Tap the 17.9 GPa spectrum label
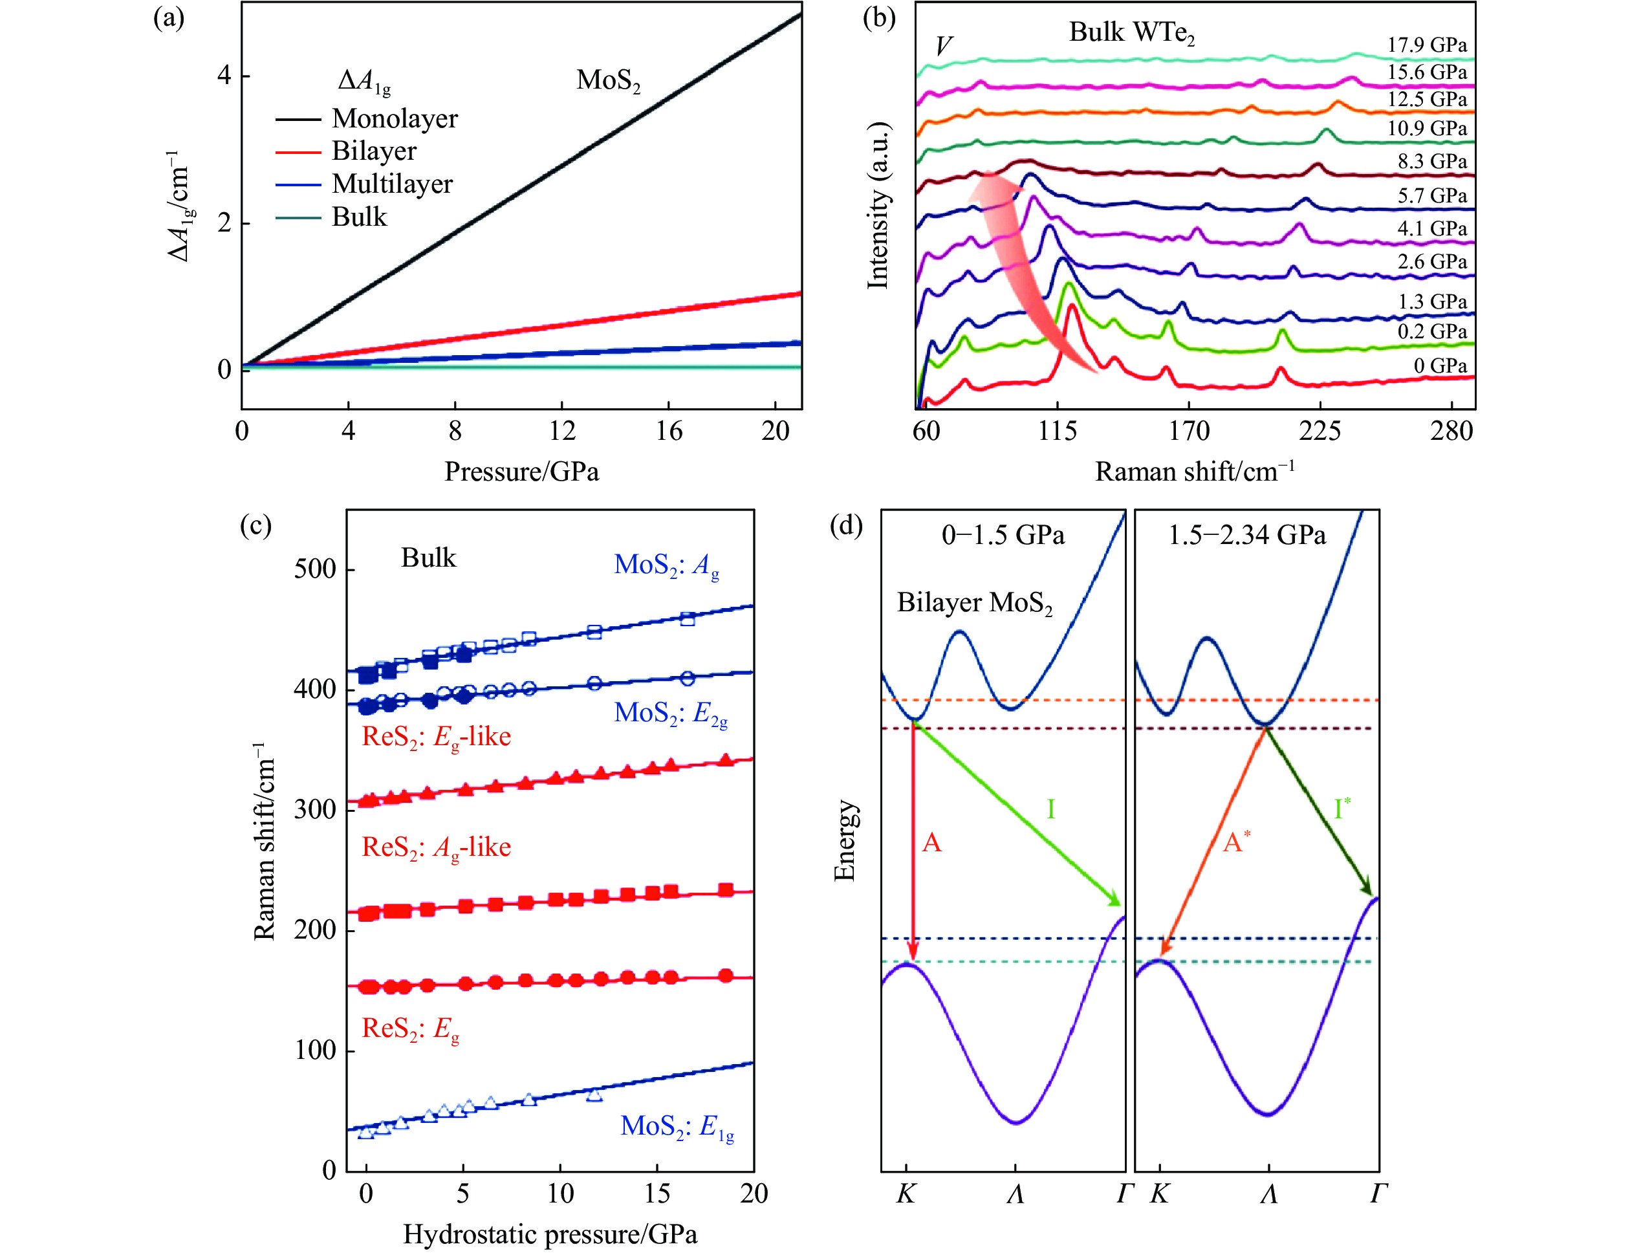click(1426, 45)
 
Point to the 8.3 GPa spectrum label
click(1431, 161)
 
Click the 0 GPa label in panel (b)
click(1440, 365)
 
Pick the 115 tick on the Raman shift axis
click(1057, 431)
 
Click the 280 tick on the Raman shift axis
click(1451, 431)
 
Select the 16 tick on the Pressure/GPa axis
click(669, 431)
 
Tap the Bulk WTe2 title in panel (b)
click(1131, 32)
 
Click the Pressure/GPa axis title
click(521, 472)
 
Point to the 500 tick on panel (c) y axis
click(314, 569)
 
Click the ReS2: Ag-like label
click(436, 847)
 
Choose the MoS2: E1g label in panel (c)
click(677, 1126)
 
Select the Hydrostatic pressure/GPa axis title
click(550, 1234)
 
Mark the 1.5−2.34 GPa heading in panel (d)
click(1246, 536)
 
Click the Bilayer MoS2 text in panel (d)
click(974, 603)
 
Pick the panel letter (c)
click(255, 525)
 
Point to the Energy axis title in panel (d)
click(844, 840)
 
